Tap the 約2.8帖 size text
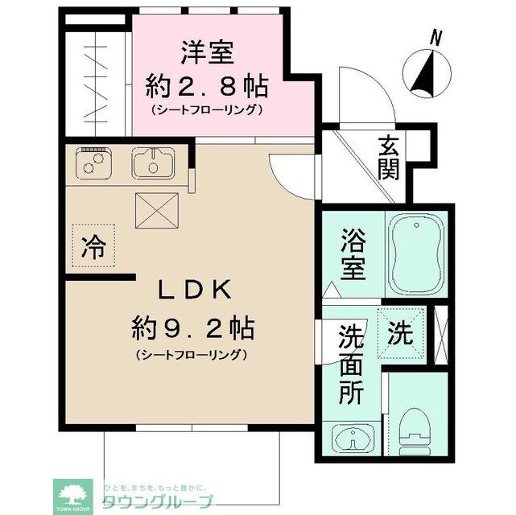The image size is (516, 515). pyautogui.click(x=207, y=84)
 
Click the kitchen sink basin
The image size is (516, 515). pyautogui.click(x=153, y=164)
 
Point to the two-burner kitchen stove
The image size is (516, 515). pyautogui.click(x=95, y=163)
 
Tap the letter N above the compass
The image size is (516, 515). pyautogui.click(x=436, y=36)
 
